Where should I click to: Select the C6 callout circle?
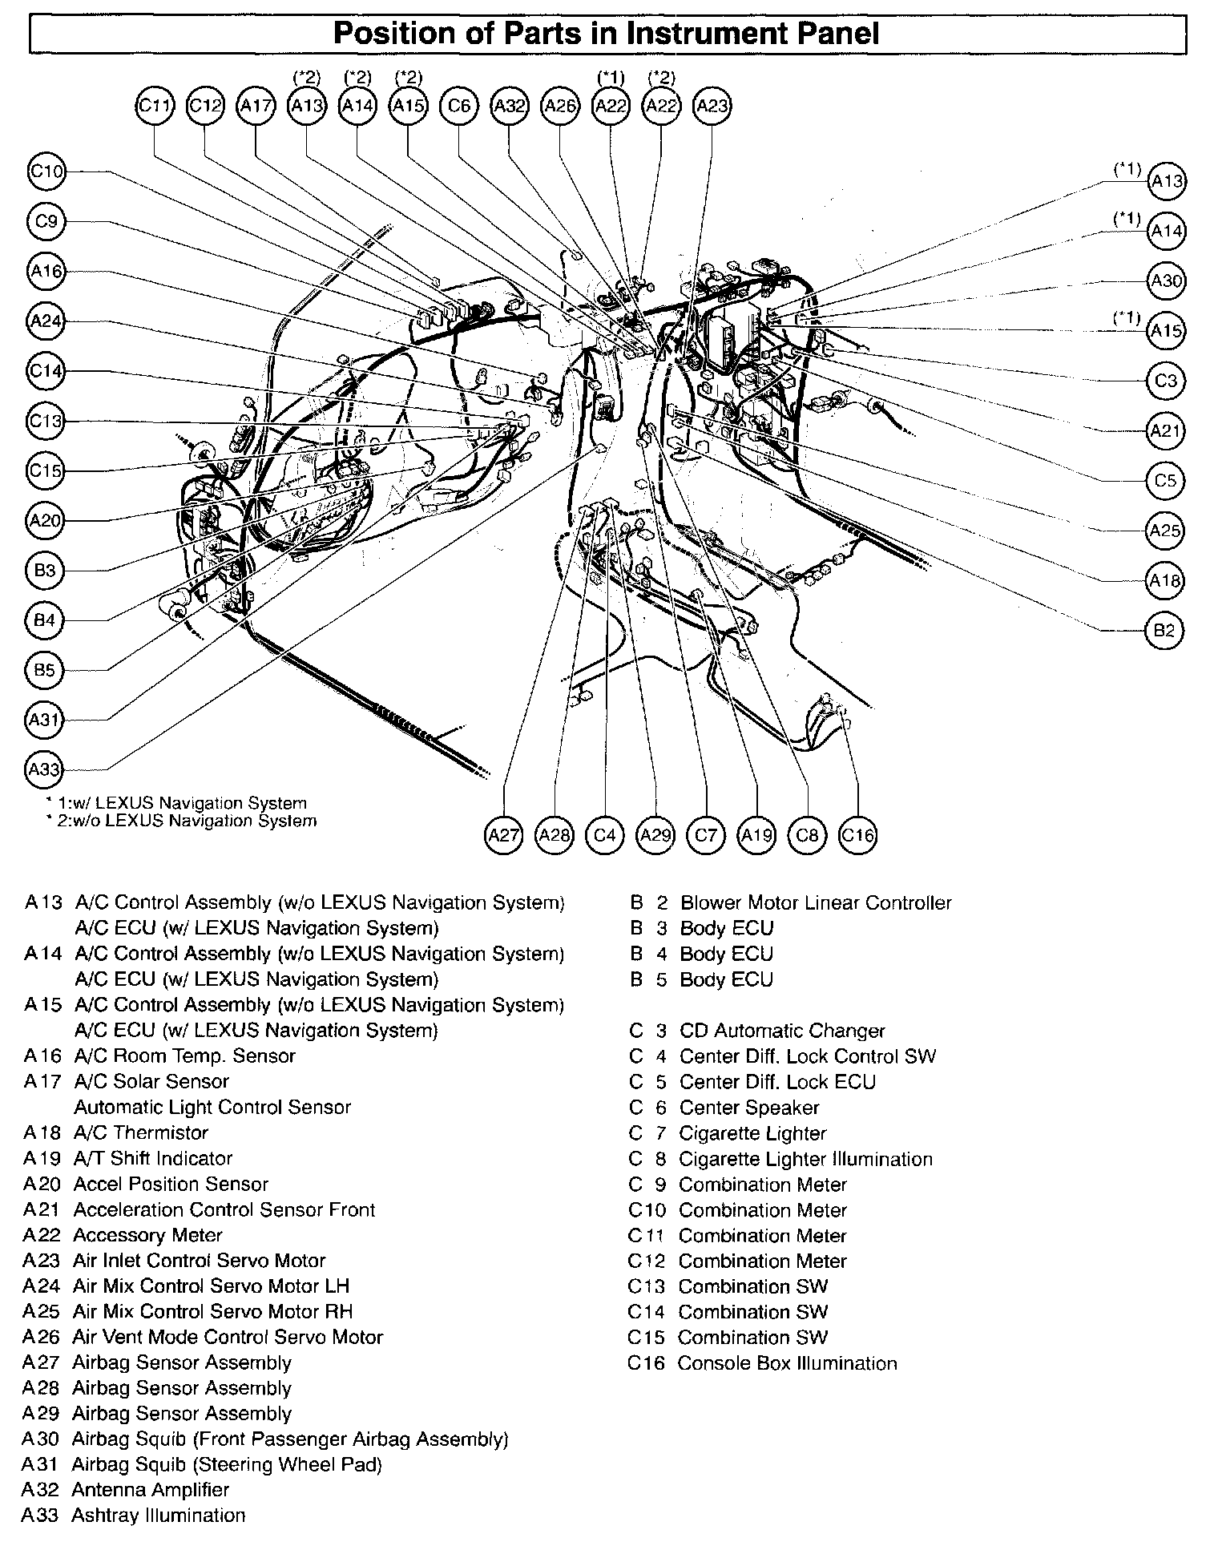(x=459, y=106)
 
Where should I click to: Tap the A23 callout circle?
(x=712, y=106)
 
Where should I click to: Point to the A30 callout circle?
(x=1166, y=281)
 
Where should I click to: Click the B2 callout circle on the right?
(x=1164, y=630)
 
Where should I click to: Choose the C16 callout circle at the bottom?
(x=857, y=835)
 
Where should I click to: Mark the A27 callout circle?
(x=504, y=835)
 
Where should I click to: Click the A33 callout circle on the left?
(x=45, y=769)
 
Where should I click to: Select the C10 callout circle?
(x=46, y=172)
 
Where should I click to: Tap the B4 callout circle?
(x=45, y=620)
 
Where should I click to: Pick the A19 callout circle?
(x=756, y=835)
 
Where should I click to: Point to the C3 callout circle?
(x=1166, y=381)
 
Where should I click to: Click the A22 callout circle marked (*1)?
(x=611, y=106)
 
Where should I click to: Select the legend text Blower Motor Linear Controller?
(x=816, y=902)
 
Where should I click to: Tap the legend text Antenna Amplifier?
(x=151, y=1489)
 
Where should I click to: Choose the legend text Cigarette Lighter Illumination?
(x=805, y=1159)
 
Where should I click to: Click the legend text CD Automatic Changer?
(x=782, y=1031)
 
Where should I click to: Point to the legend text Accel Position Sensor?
(x=171, y=1184)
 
